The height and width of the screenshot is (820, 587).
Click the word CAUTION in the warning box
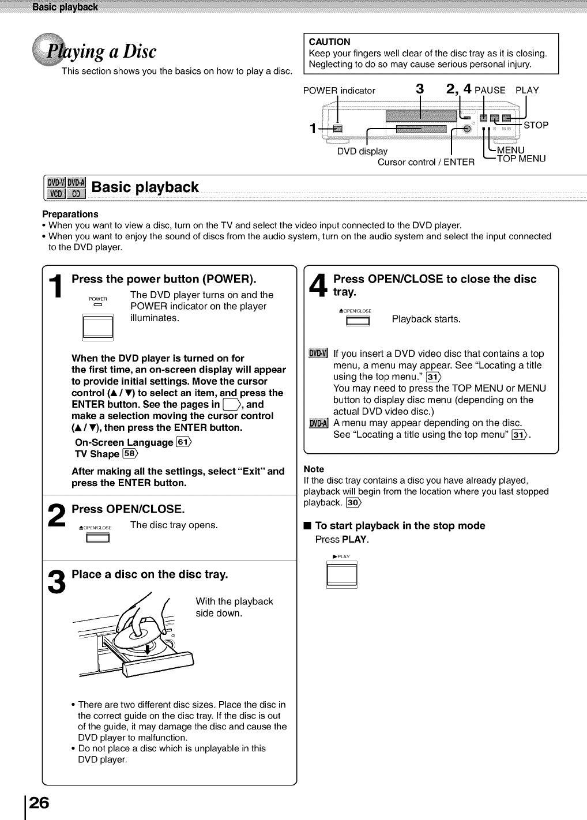point(329,42)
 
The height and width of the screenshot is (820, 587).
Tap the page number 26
point(39,802)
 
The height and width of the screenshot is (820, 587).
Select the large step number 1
point(56,286)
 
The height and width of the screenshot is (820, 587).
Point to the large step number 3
point(56,581)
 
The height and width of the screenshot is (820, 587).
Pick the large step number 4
point(318,286)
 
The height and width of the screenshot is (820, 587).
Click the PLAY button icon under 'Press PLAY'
point(341,574)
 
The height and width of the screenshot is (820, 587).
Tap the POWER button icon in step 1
point(98,327)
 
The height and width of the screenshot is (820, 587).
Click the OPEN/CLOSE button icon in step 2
point(97,539)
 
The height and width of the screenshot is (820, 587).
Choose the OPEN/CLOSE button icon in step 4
point(358,321)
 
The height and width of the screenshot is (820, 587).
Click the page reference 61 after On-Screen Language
point(183,442)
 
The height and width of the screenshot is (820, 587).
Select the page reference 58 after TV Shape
point(130,454)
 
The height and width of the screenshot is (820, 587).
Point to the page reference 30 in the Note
point(353,503)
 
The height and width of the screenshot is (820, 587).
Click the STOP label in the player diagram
point(536,125)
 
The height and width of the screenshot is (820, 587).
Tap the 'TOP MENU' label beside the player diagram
point(521,159)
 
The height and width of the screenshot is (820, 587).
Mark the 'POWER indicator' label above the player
point(339,91)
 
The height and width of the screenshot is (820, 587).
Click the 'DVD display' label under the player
point(362,152)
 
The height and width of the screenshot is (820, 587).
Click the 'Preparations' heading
point(70,214)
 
